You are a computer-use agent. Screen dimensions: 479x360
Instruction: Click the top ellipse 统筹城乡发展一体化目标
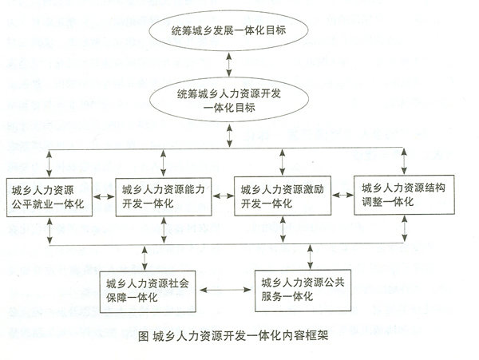pos(228,30)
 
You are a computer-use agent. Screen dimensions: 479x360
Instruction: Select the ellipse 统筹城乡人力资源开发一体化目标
pos(229,100)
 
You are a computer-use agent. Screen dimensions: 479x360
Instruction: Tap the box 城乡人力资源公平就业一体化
pos(49,197)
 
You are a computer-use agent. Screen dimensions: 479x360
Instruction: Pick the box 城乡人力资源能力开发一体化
pos(164,197)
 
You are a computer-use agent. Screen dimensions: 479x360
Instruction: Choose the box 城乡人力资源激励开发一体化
pos(283,196)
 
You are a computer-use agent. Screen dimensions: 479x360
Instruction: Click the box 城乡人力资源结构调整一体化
pos(404,195)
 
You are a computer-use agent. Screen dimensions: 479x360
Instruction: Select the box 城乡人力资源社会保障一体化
pos(148,291)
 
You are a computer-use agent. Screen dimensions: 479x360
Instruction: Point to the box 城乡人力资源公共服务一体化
pos(303,291)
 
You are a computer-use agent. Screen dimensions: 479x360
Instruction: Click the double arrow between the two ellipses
pos(229,64)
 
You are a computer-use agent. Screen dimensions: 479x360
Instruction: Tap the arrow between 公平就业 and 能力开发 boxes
pos(104,197)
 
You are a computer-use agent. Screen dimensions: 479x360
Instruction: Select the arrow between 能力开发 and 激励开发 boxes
pos(223,196)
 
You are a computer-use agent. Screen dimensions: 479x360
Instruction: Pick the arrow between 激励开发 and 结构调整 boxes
pos(342,195)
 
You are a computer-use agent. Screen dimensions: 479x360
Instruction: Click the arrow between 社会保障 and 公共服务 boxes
pos(225,290)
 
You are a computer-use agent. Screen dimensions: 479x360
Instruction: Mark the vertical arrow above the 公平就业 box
pos(49,164)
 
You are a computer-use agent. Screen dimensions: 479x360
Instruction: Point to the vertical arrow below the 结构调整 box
pos(405,228)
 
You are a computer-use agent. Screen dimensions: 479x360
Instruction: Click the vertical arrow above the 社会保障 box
pos(144,258)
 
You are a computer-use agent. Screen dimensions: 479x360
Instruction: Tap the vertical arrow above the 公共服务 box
pos(310,257)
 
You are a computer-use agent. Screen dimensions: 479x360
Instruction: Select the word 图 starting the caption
pos(143,336)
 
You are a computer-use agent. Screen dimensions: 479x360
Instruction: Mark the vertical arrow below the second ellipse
pos(229,135)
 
